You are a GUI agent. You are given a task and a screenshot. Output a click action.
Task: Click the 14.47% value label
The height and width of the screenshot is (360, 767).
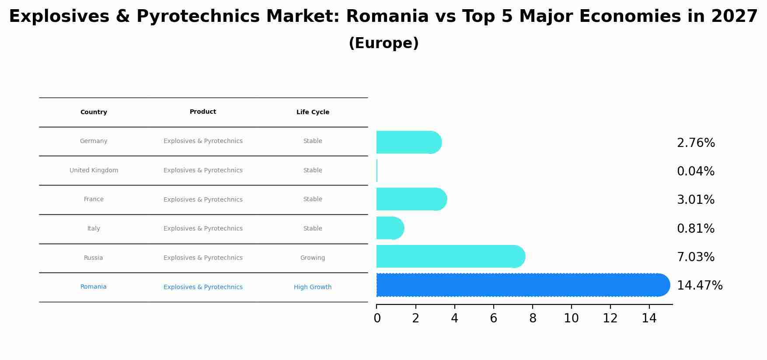click(x=700, y=286)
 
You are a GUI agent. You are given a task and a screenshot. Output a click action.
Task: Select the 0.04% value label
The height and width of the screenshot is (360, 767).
click(x=696, y=171)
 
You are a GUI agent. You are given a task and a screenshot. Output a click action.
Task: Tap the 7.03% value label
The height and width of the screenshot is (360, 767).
click(x=696, y=257)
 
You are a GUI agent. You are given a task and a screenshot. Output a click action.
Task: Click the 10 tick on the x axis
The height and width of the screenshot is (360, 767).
click(x=571, y=318)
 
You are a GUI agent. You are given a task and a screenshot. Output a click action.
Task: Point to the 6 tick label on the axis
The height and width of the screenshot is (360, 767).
click(x=493, y=318)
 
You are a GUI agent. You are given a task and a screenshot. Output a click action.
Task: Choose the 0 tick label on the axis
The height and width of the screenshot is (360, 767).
click(x=377, y=318)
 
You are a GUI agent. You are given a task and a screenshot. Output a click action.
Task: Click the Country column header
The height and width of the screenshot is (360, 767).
click(x=94, y=112)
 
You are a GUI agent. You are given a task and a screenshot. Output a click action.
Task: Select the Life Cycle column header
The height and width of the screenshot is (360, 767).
click(x=313, y=112)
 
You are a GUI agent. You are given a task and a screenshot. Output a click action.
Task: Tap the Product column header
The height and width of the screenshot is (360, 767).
click(x=203, y=112)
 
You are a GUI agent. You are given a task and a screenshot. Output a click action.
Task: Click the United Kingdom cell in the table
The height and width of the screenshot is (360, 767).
click(x=94, y=171)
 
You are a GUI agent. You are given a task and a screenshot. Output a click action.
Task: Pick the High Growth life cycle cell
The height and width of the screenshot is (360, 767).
click(x=313, y=287)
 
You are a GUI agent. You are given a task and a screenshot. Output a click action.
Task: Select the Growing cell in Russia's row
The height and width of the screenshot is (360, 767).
click(x=313, y=258)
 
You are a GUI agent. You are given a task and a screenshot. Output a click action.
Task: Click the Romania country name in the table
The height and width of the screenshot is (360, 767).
click(x=94, y=287)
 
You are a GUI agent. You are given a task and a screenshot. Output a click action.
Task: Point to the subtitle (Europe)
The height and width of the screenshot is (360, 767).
click(x=383, y=43)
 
